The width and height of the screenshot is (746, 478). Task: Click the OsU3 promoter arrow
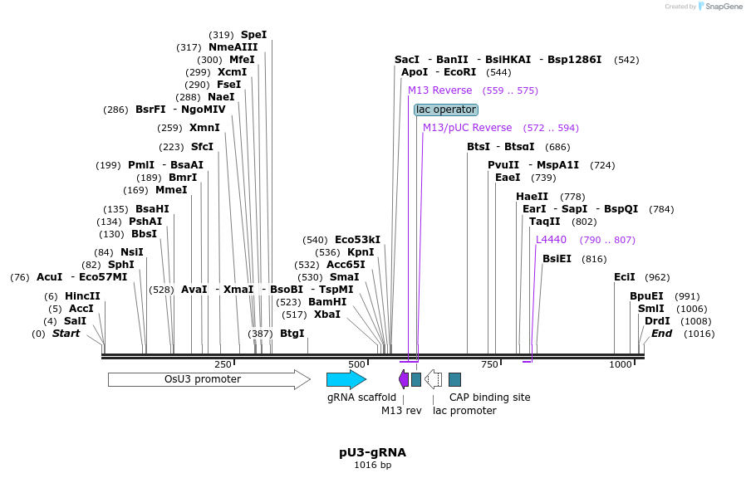coord(208,379)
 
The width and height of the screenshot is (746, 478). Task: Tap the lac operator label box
coord(446,110)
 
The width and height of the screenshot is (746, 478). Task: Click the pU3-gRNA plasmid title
coord(372,452)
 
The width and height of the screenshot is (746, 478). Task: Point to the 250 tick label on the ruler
coord(223,364)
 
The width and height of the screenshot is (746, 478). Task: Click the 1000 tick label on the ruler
coord(621,364)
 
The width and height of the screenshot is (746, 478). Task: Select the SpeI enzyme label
coord(253,35)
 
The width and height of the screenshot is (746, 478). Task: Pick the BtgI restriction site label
coord(292,334)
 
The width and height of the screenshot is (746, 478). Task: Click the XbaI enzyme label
coord(326,315)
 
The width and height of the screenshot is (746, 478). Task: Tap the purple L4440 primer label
coord(551,240)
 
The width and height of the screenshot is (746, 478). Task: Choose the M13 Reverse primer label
coord(439,90)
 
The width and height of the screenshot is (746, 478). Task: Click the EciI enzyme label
coord(624,277)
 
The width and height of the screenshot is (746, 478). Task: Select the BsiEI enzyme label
coord(557,259)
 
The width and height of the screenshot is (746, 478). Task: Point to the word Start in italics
coord(66,334)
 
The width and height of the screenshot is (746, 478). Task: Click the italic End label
coord(661,334)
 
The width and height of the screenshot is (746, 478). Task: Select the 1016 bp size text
coord(372,466)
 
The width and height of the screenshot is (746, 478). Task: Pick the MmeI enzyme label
coord(171,190)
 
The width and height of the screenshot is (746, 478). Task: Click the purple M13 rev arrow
coord(404,379)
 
